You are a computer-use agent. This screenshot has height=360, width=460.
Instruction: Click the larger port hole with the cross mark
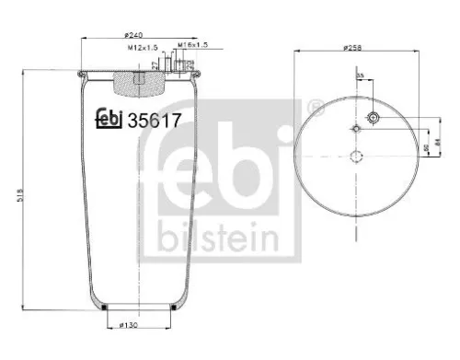click(x=374, y=118)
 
